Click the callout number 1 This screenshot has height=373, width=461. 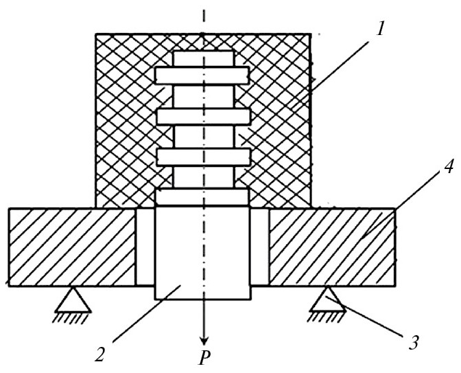pyautogui.click(x=381, y=30)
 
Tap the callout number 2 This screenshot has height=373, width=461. pyautogui.click(x=100, y=354)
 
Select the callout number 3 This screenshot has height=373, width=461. pyautogui.click(x=414, y=342)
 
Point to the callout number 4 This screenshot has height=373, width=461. pyautogui.click(x=449, y=166)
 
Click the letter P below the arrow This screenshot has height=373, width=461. pyautogui.click(x=204, y=358)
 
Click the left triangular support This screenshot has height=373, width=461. pyautogui.click(x=73, y=299)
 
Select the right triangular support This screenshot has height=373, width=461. pyautogui.click(x=328, y=299)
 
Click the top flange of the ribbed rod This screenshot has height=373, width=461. pyautogui.click(x=202, y=76)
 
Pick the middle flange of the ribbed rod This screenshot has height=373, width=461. pyautogui.click(x=204, y=117)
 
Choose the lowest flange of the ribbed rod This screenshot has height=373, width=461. pyautogui.click(x=204, y=157)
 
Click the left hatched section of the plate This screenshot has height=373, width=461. pyautogui.click(x=73, y=247)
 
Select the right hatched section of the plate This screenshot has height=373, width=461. pyautogui.click(x=332, y=247)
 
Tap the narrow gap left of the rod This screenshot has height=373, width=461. pyautogui.click(x=145, y=247)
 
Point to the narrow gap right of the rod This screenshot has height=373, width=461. pyautogui.click(x=259, y=247)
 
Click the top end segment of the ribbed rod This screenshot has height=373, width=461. pyautogui.click(x=204, y=59)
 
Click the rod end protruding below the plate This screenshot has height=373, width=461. pyautogui.click(x=203, y=293)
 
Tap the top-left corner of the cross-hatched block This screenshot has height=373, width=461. pyautogui.click(x=96, y=34)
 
